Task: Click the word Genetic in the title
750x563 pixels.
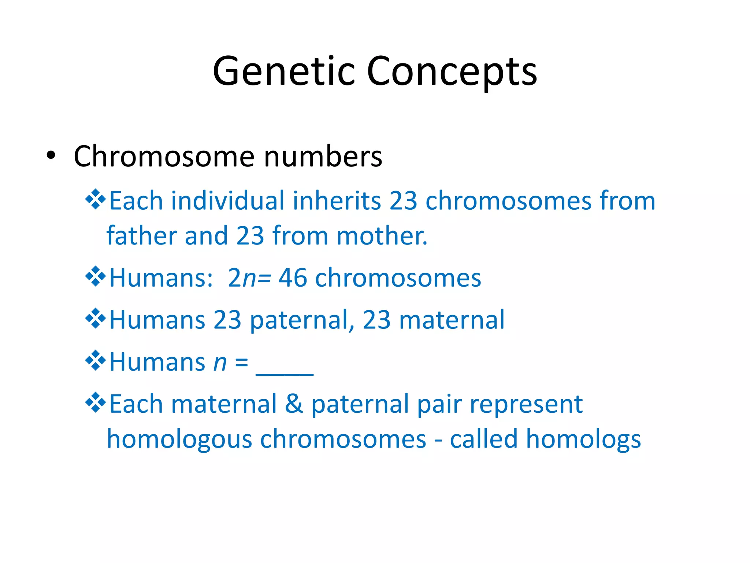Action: point(284,71)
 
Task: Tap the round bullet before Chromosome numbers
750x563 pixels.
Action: point(51,156)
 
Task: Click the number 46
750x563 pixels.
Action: point(293,278)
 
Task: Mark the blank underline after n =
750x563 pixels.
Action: point(285,372)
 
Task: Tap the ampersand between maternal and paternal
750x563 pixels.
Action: point(294,404)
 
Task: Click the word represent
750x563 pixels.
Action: point(526,405)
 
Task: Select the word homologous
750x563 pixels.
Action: point(179,439)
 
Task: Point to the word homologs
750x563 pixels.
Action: point(583,439)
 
